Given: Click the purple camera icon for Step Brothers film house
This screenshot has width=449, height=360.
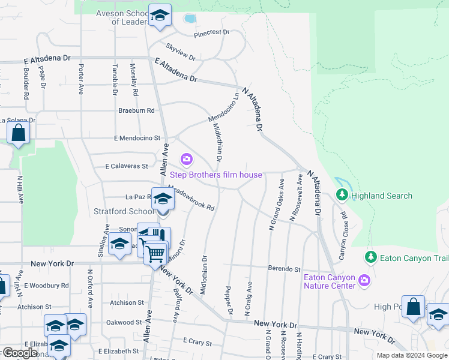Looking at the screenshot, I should [187, 159].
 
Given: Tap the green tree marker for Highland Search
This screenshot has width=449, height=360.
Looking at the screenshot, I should [342, 195].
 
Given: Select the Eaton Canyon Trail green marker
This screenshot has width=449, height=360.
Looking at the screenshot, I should [370, 257].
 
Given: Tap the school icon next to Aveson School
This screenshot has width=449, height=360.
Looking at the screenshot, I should [160, 16].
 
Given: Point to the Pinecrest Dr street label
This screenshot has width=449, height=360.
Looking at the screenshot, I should [212, 32].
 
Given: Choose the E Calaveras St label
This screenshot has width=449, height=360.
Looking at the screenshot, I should [126, 166].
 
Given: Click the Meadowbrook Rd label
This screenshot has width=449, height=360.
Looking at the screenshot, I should [191, 198].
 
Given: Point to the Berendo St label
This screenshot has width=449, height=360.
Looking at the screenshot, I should [284, 269].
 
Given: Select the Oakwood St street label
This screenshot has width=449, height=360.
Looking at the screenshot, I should [123, 322].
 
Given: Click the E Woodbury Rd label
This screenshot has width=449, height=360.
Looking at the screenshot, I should [46, 286].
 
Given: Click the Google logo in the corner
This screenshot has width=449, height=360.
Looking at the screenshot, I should [20, 353].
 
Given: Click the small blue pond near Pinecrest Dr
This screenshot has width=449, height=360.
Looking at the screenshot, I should [190, 19].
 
